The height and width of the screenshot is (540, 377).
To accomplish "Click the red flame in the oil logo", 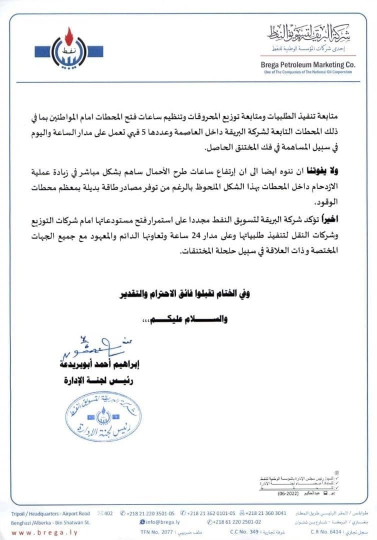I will tap(69, 36).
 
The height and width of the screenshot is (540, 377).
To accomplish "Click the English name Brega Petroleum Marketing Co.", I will tap(308, 64).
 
